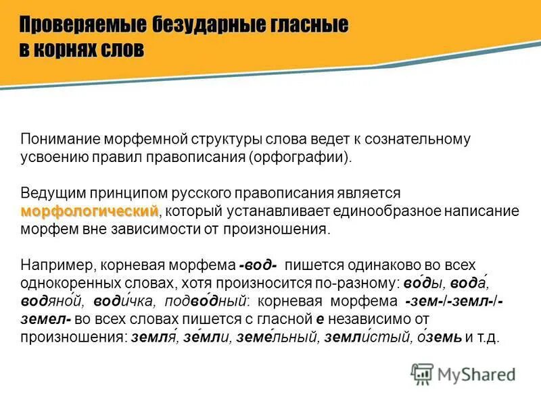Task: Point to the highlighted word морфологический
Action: coord(89,211)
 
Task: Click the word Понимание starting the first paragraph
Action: coord(59,140)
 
